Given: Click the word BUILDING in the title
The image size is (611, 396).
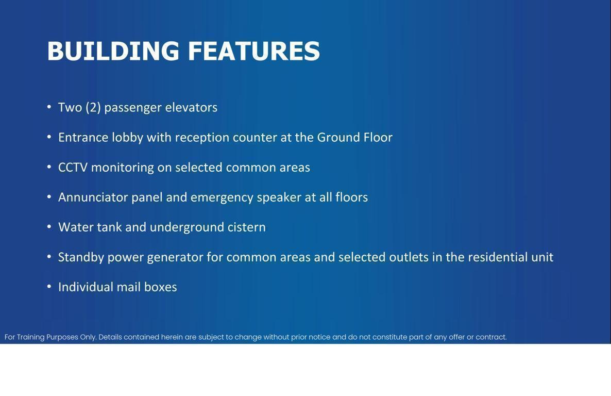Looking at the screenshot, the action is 113,51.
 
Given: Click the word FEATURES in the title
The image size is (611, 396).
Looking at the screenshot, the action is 254,51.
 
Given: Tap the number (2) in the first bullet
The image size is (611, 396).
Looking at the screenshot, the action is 93,107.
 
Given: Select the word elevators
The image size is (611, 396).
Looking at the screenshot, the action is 191,107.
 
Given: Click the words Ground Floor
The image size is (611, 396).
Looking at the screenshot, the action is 354,137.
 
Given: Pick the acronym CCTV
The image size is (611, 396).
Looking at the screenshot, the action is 73,168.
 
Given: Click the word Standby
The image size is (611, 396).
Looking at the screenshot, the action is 81,257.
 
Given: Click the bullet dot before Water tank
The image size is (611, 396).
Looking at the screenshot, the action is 49,226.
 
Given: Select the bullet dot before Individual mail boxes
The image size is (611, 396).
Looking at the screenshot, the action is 49,286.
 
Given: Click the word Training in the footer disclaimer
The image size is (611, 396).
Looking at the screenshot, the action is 31,338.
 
